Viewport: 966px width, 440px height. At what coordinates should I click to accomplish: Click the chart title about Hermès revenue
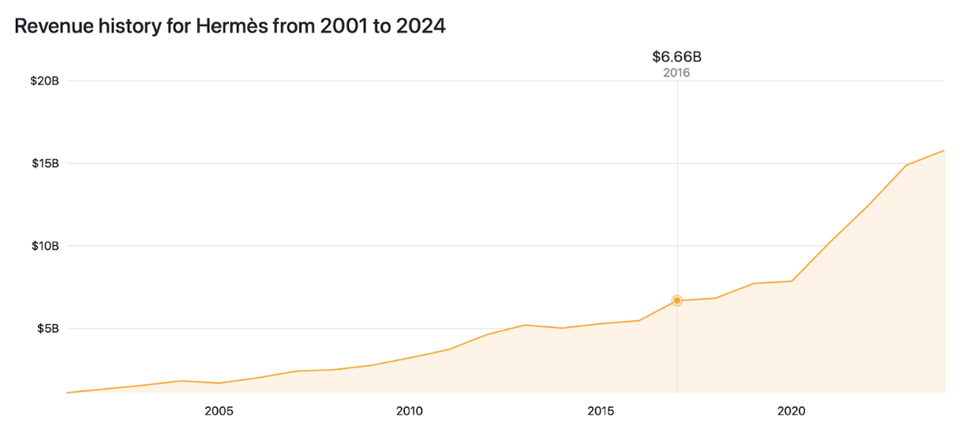click(230, 26)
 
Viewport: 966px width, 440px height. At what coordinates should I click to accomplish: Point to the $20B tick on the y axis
click(44, 81)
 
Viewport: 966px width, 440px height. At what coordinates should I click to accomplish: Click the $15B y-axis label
click(44, 163)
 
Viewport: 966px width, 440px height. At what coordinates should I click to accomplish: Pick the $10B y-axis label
click(44, 246)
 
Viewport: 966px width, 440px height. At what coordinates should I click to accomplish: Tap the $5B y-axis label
click(47, 328)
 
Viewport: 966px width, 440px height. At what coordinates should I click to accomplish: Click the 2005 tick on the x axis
click(219, 411)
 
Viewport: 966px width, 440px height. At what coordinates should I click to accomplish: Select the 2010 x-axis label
click(410, 411)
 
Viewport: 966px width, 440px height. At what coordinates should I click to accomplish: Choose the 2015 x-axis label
click(601, 411)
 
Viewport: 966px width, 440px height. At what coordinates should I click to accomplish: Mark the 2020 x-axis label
click(792, 411)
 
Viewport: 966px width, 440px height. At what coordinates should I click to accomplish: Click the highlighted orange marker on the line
click(677, 300)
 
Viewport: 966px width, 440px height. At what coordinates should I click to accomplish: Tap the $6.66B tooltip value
click(676, 57)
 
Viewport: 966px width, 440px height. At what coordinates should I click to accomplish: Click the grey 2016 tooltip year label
click(676, 73)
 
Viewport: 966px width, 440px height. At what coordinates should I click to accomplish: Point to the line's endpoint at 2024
click(944, 150)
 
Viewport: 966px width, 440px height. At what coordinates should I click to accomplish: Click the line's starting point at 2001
click(67, 392)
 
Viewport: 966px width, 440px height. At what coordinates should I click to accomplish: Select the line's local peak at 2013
click(525, 325)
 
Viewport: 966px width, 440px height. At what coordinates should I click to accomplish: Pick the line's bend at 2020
click(792, 281)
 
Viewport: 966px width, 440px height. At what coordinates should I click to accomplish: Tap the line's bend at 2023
click(906, 166)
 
